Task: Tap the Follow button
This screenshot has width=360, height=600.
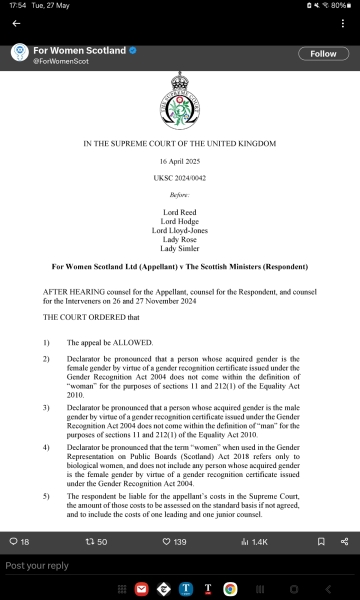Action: pyautogui.click(x=323, y=53)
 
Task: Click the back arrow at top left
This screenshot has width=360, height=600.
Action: pyautogui.click(x=16, y=23)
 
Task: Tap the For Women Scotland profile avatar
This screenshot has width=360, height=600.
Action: pyautogui.click(x=19, y=54)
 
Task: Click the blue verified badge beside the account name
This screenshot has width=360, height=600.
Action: pyautogui.click(x=133, y=50)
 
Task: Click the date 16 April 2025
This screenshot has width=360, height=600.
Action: pyautogui.click(x=180, y=161)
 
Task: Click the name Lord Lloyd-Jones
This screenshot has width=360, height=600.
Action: pyautogui.click(x=180, y=231)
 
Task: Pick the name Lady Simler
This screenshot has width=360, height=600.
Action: pyautogui.click(x=180, y=250)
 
